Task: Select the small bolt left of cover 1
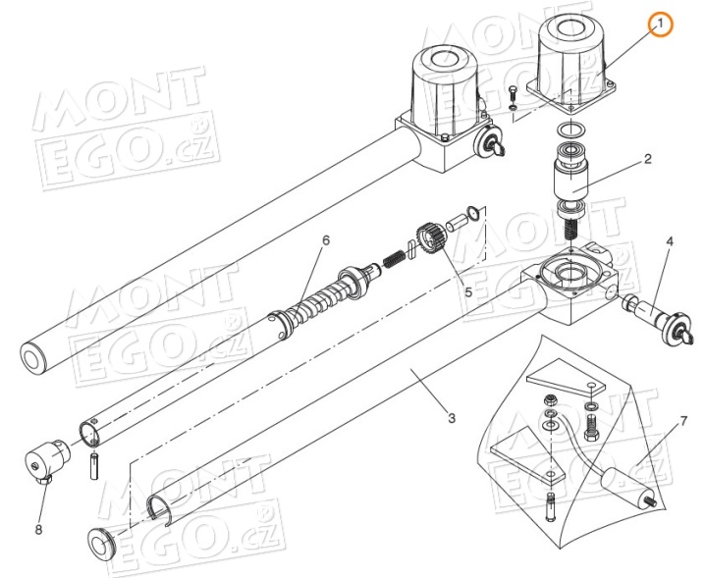(x=513, y=96)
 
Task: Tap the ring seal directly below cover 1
(x=567, y=131)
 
